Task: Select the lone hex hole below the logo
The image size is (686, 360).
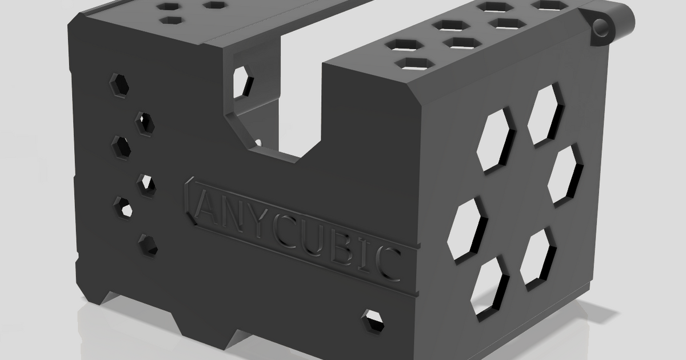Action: [x=374, y=321]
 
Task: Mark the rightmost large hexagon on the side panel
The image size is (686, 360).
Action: [x=565, y=173]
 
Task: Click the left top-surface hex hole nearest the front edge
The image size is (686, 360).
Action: [x=170, y=20]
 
